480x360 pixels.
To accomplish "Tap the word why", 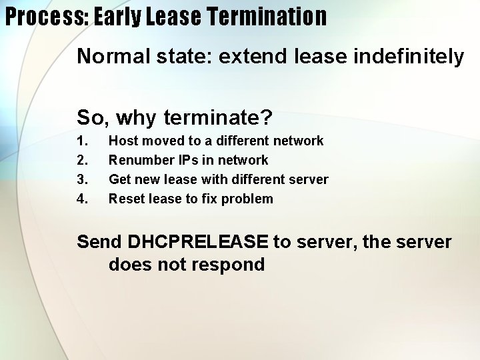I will (x=141, y=118).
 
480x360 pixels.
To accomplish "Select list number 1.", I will (x=83, y=141).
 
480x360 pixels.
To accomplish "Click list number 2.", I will (x=83, y=160).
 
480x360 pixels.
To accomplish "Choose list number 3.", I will (x=83, y=179).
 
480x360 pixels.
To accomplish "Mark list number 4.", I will (x=83, y=199).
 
